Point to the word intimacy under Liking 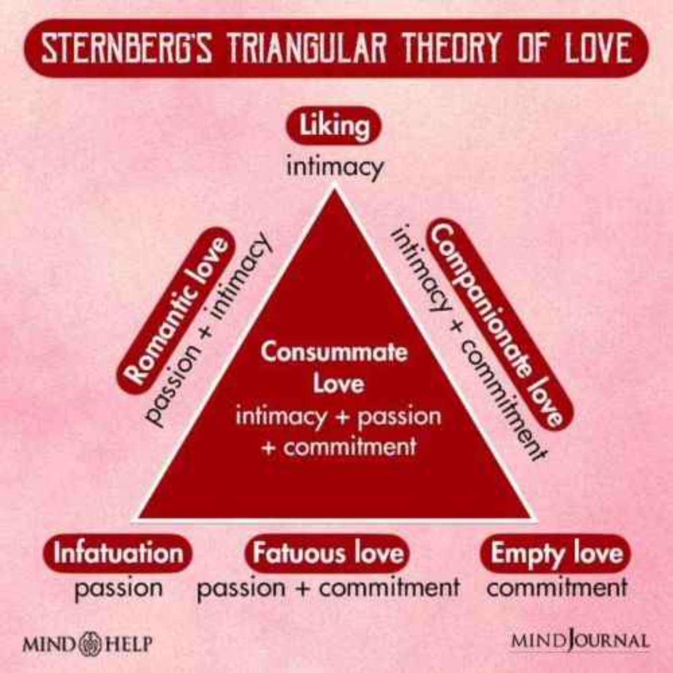(334, 169)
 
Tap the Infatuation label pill (118, 553)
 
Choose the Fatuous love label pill (327, 553)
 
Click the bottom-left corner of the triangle (135, 519)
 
